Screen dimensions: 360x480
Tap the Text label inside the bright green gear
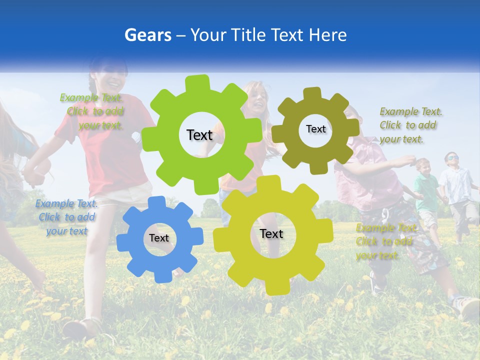199,135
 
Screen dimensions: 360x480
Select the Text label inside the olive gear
315,129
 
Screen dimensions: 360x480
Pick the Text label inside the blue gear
159,238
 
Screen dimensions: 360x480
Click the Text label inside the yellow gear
271,233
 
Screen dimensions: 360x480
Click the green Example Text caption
93,111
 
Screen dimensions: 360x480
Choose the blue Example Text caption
66,217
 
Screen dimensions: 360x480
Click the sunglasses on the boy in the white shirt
451,158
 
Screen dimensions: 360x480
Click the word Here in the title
328,35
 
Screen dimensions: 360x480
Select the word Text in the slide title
289,35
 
